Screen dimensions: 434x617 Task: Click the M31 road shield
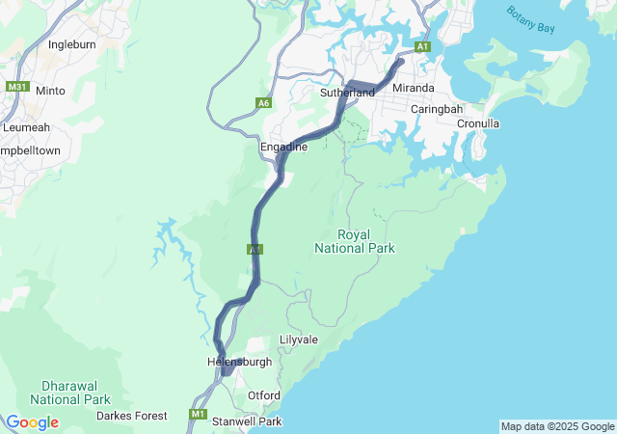pyautogui.click(x=16, y=87)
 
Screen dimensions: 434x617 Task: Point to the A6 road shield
pyautogui.click(x=263, y=103)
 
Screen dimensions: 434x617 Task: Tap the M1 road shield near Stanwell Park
pyautogui.click(x=199, y=415)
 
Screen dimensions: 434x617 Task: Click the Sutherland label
pyautogui.click(x=347, y=93)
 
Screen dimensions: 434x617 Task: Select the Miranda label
pyautogui.click(x=413, y=88)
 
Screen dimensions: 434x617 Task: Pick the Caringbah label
pyautogui.click(x=438, y=109)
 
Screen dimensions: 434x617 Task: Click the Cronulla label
pyautogui.click(x=478, y=123)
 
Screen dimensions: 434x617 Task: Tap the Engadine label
pyautogui.click(x=283, y=147)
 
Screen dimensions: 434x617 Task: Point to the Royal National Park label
pyautogui.click(x=354, y=241)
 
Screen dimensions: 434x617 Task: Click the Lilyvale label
pyautogui.click(x=298, y=339)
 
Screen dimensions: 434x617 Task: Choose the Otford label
pyautogui.click(x=264, y=395)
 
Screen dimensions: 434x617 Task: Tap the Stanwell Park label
pyautogui.click(x=247, y=421)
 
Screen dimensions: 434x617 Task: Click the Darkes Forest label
pyautogui.click(x=131, y=416)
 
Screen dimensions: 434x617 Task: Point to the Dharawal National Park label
pyautogui.click(x=69, y=392)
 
